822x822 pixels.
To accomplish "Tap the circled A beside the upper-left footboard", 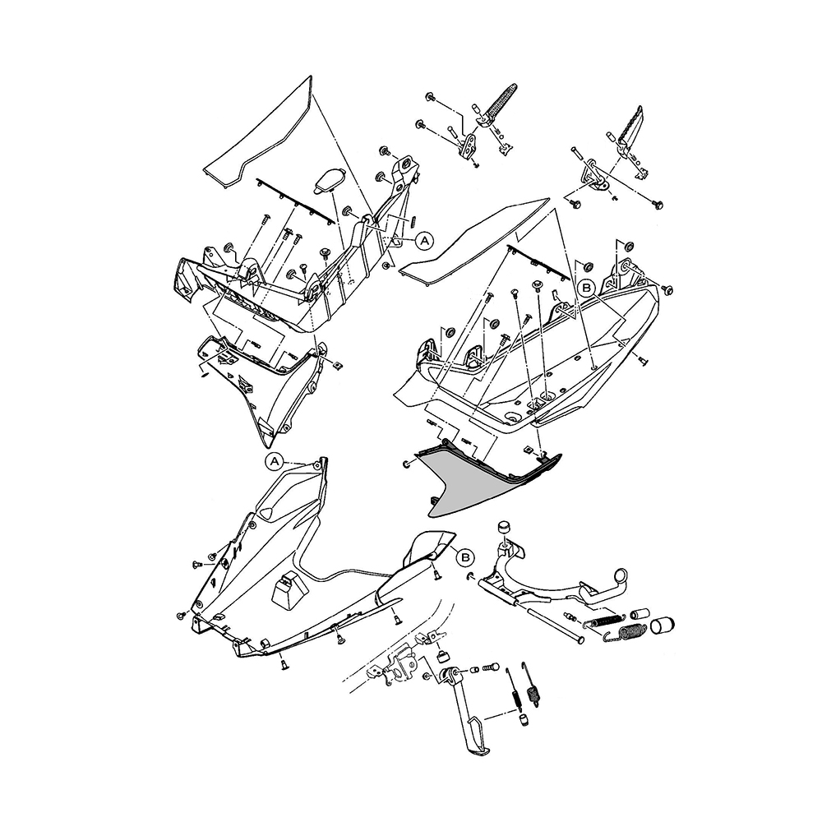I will pos(424,240).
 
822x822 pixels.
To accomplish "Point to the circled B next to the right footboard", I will pos(586,288).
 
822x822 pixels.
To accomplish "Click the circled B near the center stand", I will pos(464,556).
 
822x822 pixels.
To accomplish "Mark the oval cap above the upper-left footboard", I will pos(330,178).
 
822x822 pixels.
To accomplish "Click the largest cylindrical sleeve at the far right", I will pos(664,626).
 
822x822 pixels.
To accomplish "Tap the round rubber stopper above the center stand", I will pos(502,528).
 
